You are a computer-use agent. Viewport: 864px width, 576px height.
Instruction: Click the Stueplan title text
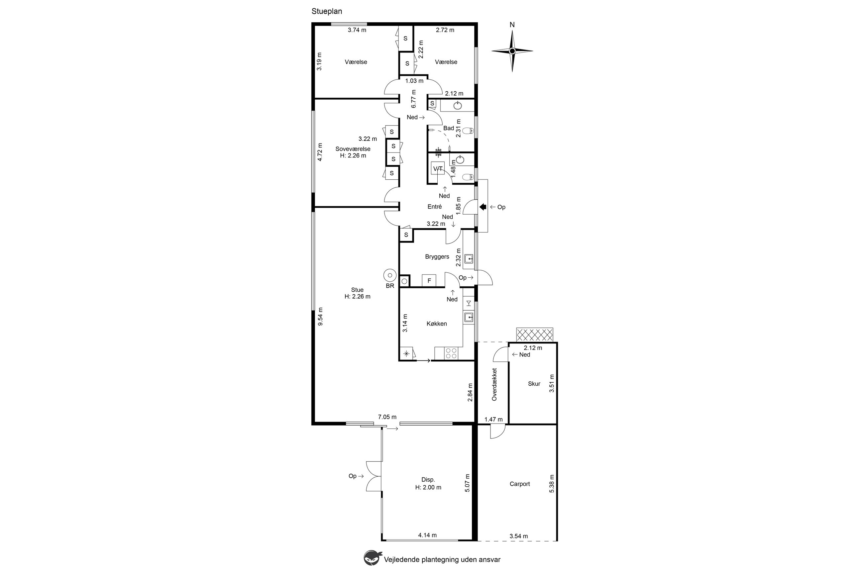coord(327,11)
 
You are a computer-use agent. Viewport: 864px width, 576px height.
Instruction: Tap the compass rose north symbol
coord(512,51)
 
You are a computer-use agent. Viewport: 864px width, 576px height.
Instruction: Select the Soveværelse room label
coord(353,149)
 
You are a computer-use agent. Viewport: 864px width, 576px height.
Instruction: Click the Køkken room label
coord(437,324)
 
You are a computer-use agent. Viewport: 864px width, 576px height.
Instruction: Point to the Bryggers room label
coord(437,257)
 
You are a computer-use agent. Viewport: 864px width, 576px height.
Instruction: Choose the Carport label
coord(520,484)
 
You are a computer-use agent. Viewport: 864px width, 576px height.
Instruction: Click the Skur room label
coord(534,384)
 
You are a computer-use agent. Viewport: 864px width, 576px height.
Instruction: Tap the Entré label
coord(434,206)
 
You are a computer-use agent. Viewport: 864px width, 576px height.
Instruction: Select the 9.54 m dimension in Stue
coord(320,316)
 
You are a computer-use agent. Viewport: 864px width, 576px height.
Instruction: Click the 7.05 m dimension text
coord(387,417)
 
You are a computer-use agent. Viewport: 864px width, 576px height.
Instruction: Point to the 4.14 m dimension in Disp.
coord(427,535)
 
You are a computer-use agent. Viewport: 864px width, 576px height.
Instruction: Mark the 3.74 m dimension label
coord(357,30)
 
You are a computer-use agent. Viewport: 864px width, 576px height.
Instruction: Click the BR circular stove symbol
coord(390,275)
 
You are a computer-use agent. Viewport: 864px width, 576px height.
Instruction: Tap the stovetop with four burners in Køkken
coord(451,353)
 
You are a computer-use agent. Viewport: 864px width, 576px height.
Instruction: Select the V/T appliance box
coord(437,168)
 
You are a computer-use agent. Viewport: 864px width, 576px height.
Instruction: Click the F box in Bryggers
coord(429,281)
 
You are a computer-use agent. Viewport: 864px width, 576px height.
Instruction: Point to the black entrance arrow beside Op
coord(483,207)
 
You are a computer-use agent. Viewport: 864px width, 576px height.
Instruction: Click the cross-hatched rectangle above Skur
coord(535,335)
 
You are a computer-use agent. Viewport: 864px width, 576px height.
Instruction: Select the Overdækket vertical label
coord(494,384)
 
